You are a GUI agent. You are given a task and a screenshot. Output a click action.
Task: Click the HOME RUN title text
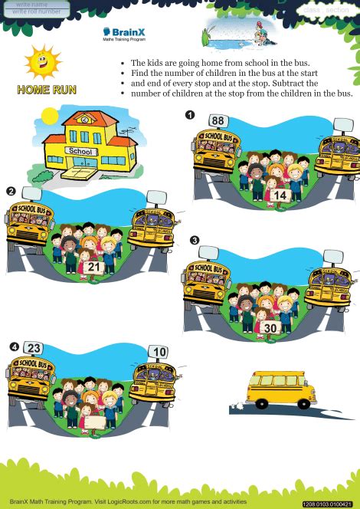coord(46,90)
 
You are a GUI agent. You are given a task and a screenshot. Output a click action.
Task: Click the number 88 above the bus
coord(218,120)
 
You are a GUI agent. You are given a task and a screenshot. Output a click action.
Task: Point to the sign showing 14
coord(280,196)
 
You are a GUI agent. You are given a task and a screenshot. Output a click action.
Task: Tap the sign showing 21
coord(94,266)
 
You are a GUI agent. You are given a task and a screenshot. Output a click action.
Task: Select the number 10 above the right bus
coord(159,352)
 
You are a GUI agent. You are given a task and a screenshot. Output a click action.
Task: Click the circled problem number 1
coord(189,115)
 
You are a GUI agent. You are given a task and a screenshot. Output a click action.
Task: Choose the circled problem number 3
coord(195,240)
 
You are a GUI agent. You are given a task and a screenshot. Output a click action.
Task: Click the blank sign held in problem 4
coord(92,420)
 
